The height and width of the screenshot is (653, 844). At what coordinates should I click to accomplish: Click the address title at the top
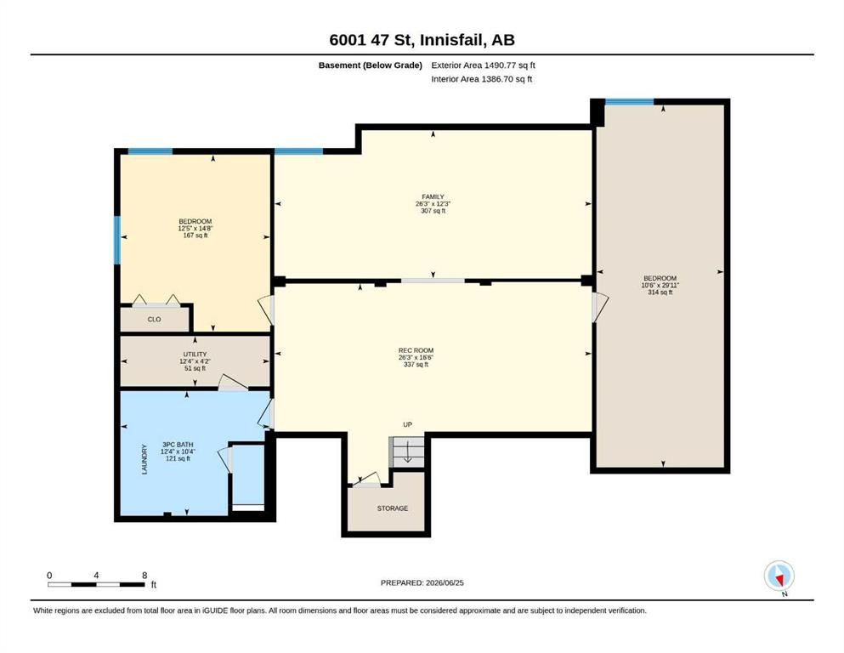422,40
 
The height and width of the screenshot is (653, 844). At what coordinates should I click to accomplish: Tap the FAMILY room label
433,197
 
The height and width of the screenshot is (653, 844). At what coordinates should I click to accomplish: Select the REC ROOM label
416,350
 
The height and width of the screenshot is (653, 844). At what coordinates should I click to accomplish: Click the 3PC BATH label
178,445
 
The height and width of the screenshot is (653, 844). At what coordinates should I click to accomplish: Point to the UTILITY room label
195,355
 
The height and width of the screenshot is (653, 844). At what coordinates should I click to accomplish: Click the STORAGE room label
393,508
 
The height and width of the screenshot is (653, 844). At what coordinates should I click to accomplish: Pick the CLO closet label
154,319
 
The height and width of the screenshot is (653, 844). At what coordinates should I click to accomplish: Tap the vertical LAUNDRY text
144,459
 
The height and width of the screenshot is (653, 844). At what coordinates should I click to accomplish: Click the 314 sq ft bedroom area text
660,292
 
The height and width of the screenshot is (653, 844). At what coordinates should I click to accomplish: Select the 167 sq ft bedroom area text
195,236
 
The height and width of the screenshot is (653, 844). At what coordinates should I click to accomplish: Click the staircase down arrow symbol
407,451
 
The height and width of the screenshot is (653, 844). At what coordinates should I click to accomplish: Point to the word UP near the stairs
407,425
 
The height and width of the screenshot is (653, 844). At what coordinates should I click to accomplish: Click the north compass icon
779,576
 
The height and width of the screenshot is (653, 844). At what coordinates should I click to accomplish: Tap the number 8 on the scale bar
144,576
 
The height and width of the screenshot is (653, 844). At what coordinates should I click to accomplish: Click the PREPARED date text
422,582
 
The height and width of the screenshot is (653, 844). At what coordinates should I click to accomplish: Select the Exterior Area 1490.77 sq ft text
483,65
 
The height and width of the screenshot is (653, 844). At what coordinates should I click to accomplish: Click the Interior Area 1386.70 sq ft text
482,79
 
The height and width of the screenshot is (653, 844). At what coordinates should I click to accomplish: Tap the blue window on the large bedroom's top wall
629,102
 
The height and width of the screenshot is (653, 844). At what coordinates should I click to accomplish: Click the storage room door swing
365,480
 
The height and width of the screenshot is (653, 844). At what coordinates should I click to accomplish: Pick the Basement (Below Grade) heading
371,65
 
